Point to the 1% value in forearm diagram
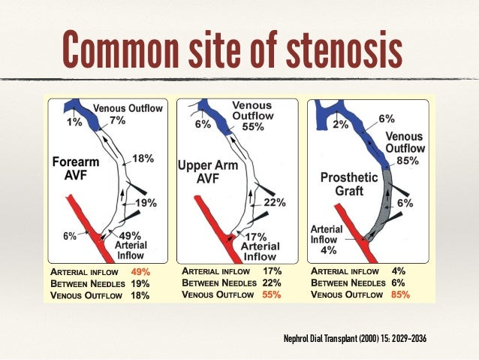[x=74, y=122]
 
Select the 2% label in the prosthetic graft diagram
[x=340, y=124]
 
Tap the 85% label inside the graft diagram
[x=405, y=160]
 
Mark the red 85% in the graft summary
[x=401, y=295]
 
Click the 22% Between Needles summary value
[x=271, y=283]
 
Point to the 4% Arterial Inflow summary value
[x=398, y=271]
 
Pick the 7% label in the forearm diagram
[x=116, y=121]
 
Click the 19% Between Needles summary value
[x=140, y=283]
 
